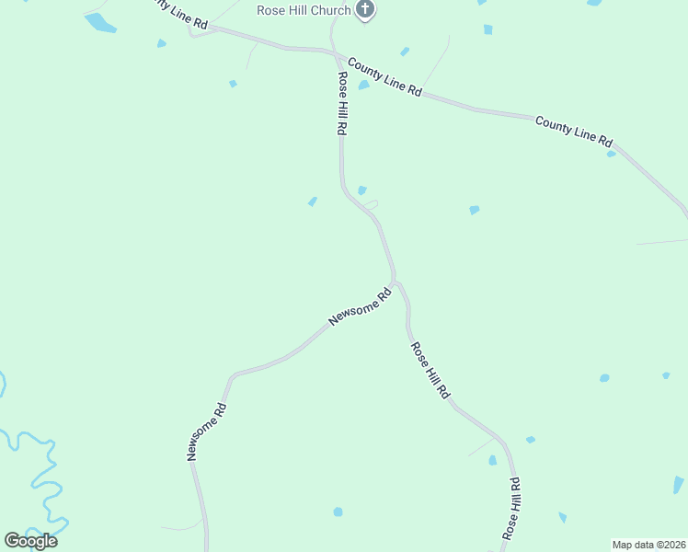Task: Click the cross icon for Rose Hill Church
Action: (365, 11)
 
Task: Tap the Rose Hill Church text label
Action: (304, 11)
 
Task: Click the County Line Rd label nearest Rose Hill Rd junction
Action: (384, 78)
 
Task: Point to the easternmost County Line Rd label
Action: (573, 131)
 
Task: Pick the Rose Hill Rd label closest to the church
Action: (341, 104)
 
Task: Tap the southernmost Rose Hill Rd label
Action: (511, 507)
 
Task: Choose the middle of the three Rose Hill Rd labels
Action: (430, 370)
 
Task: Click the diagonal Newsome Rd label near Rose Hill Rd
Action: (361, 306)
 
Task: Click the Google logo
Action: (30, 540)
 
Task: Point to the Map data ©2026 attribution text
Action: (648, 545)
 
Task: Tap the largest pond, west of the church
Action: (100, 23)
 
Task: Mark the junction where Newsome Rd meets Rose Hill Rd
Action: (395, 281)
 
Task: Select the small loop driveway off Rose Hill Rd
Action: (372, 203)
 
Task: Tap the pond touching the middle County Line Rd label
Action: (364, 85)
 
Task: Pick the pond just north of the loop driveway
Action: (361, 190)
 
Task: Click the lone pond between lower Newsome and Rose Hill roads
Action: (338, 512)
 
